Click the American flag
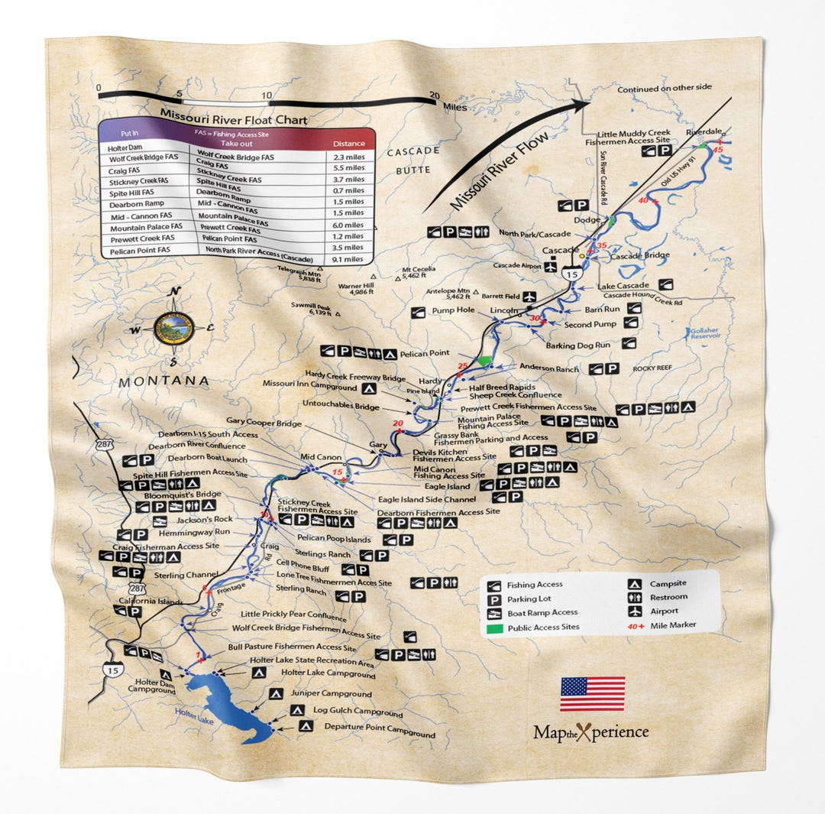592,693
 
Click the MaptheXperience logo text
590,732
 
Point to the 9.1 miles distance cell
348,258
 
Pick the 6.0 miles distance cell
349,225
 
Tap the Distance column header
348,143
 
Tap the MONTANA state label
163,381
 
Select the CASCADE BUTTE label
412,160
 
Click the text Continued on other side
664,88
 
